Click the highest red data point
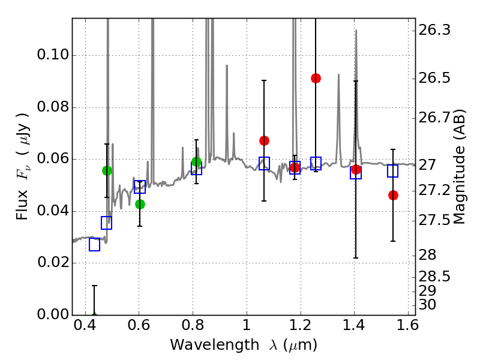[x=316, y=78]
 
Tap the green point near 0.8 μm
[x=196, y=161]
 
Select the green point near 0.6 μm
[x=140, y=204]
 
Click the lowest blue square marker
[x=94, y=244]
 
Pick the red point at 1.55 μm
[x=393, y=195]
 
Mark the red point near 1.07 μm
[x=264, y=140]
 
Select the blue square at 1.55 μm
[x=393, y=171]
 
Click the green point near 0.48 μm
[x=107, y=170]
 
